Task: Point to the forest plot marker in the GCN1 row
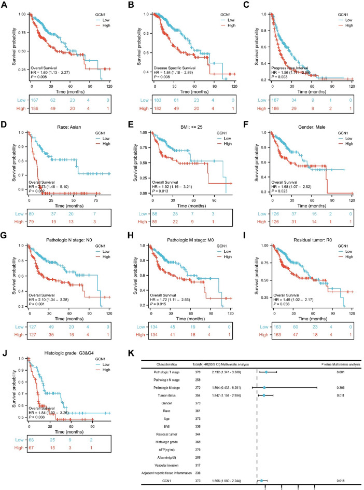[x=262, y=481]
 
